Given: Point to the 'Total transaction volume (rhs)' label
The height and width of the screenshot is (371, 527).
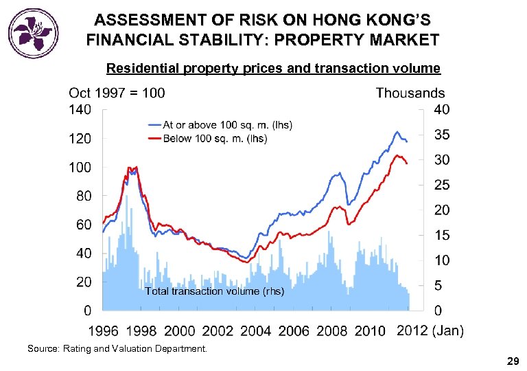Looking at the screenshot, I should pyautogui.click(x=215, y=291).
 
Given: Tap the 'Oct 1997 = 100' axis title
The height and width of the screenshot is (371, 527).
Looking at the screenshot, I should pyautogui.click(x=117, y=93).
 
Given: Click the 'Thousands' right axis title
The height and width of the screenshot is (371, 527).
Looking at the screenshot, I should pyautogui.click(x=410, y=93).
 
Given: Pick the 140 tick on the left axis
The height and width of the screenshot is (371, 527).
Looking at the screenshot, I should pyautogui.click(x=80, y=109).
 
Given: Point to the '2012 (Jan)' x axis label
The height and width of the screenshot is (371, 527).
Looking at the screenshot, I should pyautogui.click(x=430, y=331).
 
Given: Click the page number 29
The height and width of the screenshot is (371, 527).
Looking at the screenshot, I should pyautogui.click(x=512, y=361).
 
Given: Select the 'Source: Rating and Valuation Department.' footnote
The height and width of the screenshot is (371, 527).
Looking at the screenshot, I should pyautogui.click(x=117, y=349).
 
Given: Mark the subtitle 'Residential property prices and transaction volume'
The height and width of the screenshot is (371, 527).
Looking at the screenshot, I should pyautogui.click(x=273, y=68).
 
